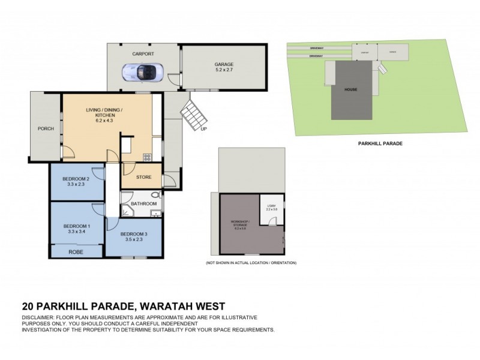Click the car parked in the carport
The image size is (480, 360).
(x=142, y=72)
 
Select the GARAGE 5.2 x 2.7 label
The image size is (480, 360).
(x=224, y=67)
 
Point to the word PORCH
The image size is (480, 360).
(x=46, y=128)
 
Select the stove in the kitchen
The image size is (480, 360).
(x=147, y=158)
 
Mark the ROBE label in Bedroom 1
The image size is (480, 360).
(x=76, y=253)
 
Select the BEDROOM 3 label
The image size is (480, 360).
(x=133, y=234)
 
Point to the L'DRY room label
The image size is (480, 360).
(x=271, y=206)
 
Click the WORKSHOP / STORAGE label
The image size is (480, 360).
(x=240, y=225)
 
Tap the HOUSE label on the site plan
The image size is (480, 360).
(x=351, y=89)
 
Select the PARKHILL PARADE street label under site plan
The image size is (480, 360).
(x=379, y=144)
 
